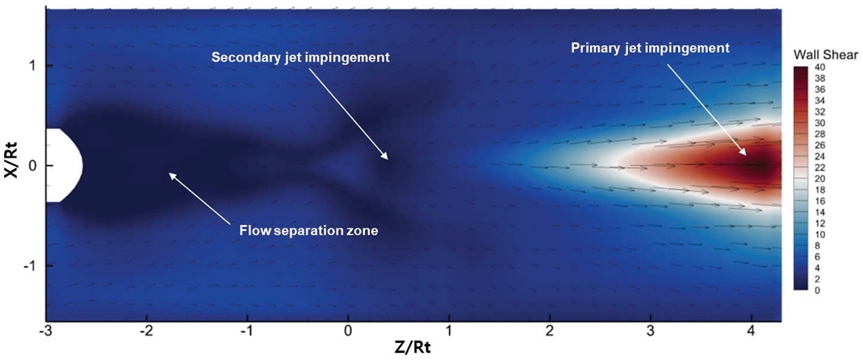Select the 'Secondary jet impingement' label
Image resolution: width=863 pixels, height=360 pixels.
point(300,57)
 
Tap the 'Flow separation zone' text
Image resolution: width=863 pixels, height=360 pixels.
point(308,231)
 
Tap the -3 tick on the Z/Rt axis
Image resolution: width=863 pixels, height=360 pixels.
point(47,330)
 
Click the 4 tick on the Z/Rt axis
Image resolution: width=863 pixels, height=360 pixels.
point(752,330)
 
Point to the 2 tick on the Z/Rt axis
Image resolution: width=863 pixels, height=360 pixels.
point(550,330)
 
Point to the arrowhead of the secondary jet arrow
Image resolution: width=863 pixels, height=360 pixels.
point(387,158)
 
